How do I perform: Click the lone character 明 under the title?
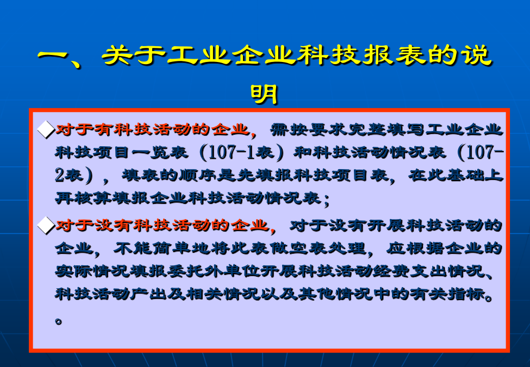point(264,94)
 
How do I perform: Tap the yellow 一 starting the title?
point(53,56)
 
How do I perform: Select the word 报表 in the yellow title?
point(395,55)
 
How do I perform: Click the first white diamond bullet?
point(46,130)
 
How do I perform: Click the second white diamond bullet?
point(46,226)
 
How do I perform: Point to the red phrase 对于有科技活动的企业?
point(152,129)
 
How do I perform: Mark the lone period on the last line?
point(59,321)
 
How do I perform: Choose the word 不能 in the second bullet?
point(132,248)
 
